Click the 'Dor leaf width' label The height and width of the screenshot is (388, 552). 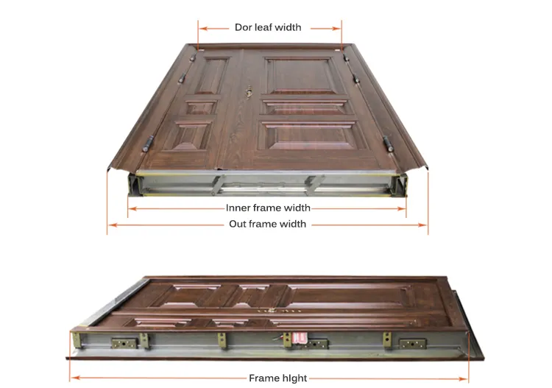click(x=268, y=27)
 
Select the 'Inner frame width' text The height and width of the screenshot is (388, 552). click(x=268, y=208)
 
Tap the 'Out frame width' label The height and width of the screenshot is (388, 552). click(x=268, y=224)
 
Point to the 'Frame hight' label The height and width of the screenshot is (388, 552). click(x=277, y=378)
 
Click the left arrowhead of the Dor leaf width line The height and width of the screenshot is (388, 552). click(x=201, y=28)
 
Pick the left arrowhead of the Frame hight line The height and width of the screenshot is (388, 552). click(x=72, y=378)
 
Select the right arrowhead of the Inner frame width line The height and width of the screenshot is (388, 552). click(x=403, y=208)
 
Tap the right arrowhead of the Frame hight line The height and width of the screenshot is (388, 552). click(x=466, y=378)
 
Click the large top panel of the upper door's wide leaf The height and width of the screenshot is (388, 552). click(x=302, y=76)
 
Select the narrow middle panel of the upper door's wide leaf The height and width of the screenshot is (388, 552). click(x=305, y=107)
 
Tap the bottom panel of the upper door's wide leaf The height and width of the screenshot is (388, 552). click(x=310, y=135)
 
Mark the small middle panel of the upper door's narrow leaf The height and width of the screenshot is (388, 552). click(x=200, y=107)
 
